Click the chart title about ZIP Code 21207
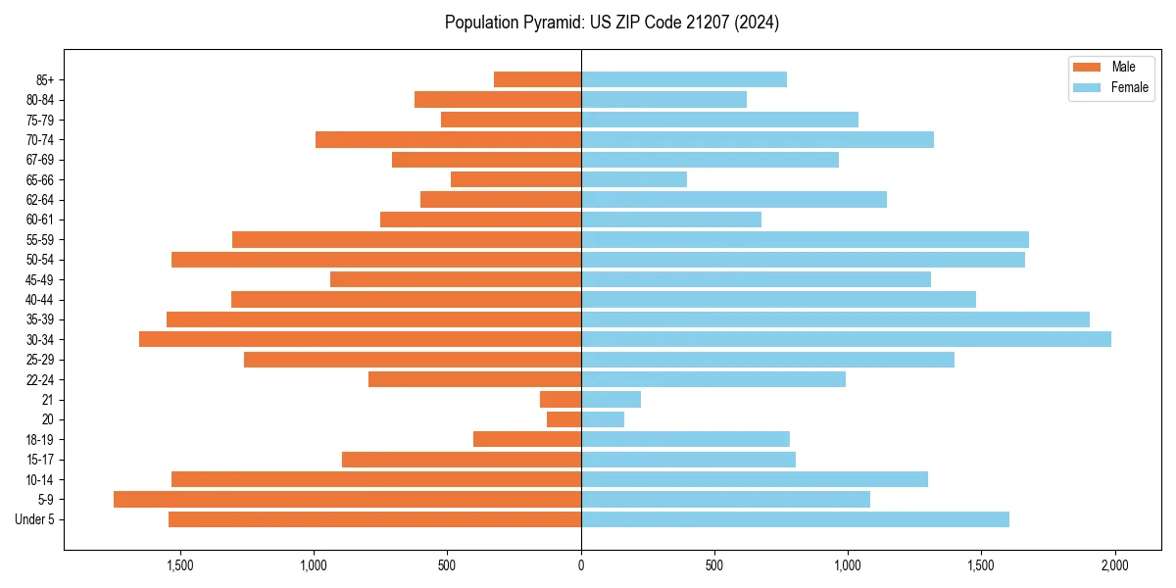pos(612,23)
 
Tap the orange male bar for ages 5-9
pos(347,499)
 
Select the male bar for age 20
pos(563,419)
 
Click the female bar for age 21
pos(611,399)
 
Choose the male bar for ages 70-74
pos(448,139)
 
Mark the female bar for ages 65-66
pos(633,179)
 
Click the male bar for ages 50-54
pos(376,260)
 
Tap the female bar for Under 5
pos(795,519)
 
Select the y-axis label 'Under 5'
pos(35,519)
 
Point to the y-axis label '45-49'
pos(39,279)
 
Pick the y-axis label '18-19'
pos(39,439)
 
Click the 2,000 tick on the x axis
pos(1114,565)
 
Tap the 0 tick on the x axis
pos(581,565)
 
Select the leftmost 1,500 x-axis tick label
pos(180,565)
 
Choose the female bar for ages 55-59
pos(805,239)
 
